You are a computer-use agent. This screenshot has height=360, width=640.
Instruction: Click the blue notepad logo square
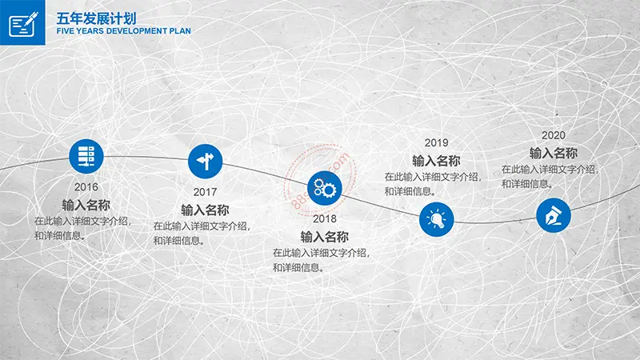click(x=22, y=22)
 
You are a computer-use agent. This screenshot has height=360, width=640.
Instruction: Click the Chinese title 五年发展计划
click(x=96, y=18)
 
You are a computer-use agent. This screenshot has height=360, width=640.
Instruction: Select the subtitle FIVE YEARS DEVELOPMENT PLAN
click(x=124, y=31)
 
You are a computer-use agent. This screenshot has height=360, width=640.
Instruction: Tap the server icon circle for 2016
click(x=86, y=156)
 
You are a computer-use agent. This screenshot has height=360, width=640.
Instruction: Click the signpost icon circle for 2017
click(x=206, y=162)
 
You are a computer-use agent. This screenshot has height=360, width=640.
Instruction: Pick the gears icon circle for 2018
click(x=325, y=188)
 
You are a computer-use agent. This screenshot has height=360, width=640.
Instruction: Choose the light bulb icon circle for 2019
click(x=436, y=219)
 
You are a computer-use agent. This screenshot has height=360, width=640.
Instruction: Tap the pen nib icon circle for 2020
click(x=554, y=215)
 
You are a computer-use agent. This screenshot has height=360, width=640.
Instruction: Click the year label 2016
click(x=86, y=187)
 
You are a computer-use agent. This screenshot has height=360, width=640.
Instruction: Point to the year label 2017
click(x=205, y=192)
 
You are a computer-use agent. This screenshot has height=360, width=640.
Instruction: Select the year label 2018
click(x=325, y=218)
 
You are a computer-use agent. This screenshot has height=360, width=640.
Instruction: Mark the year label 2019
click(x=436, y=143)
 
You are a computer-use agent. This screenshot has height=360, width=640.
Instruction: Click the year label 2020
click(x=554, y=135)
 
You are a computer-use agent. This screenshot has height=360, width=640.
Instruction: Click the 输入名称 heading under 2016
click(x=86, y=205)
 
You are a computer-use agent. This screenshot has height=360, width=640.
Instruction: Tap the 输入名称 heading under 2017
click(x=205, y=210)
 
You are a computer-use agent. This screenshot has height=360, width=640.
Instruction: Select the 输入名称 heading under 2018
click(x=325, y=237)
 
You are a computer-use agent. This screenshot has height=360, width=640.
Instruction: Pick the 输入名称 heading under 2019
click(x=436, y=161)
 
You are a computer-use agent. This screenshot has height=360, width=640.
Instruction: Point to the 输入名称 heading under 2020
click(x=554, y=153)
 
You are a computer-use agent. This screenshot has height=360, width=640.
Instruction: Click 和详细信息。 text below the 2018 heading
click(x=299, y=268)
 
